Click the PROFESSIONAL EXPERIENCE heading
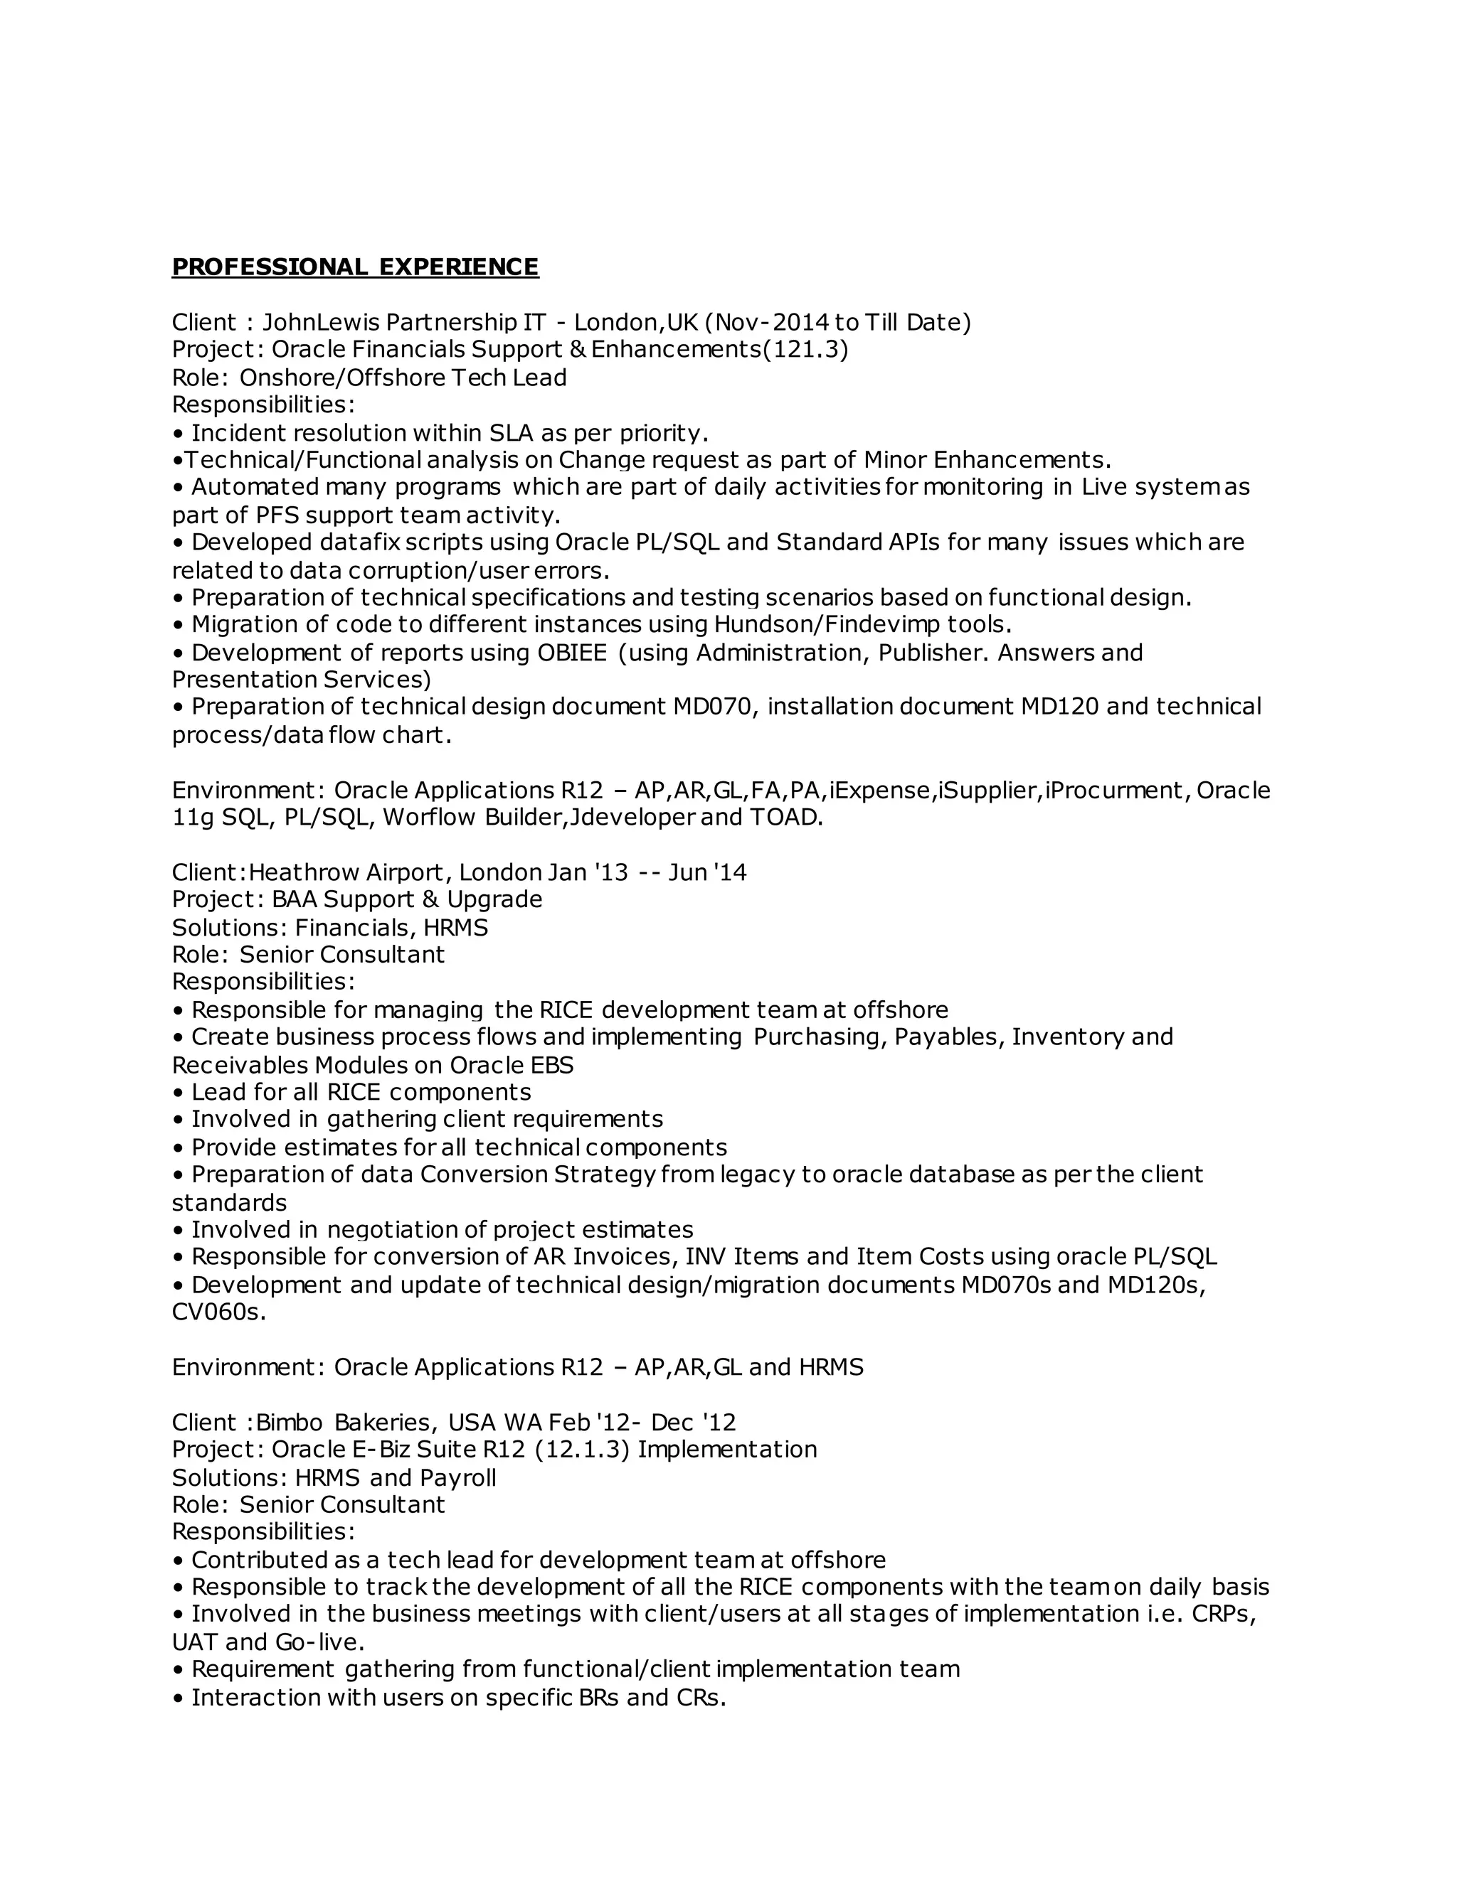[x=355, y=267]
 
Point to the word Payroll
[x=457, y=1478]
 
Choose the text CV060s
[x=218, y=1312]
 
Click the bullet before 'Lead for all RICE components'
[x=179, y=1093]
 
